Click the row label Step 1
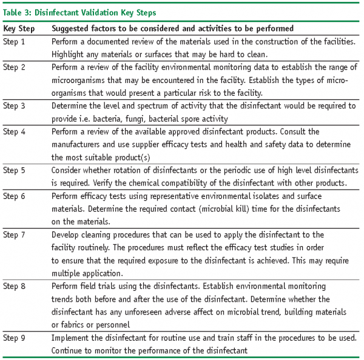[14, 41]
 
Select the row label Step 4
[14, 132]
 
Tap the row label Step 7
[14, 234]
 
